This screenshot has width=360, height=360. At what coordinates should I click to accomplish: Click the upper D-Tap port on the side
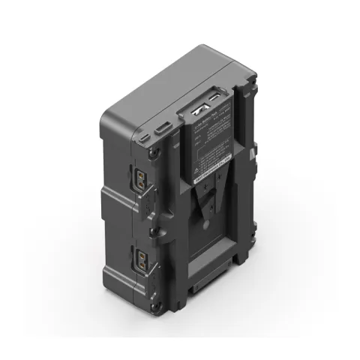coord(142,180)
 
